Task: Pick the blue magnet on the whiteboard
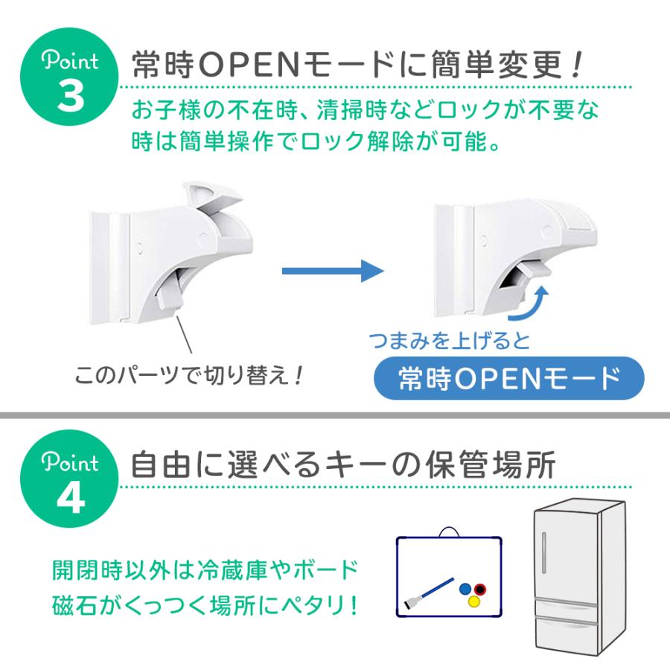465,588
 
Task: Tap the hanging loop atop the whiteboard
448,532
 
